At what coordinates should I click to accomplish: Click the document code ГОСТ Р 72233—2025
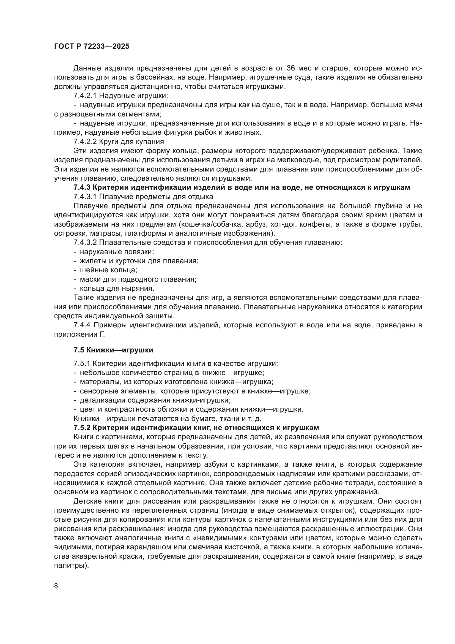click(92, 47)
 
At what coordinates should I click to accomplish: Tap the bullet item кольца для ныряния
click(117, 288)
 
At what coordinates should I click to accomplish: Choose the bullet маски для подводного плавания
click(138, 279)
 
